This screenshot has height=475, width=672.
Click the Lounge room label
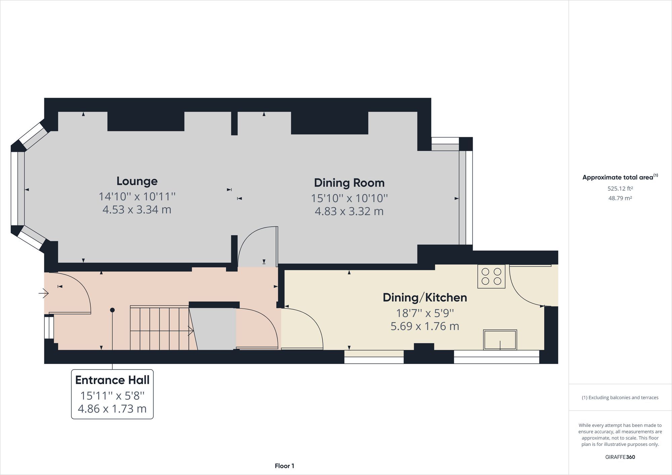pyautogui.click(x=137, y=181)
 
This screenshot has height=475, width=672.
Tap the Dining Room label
pyautogui.click(x=349, y=183)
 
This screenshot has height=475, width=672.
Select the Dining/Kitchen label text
pyautogui.click(x=425, y=298)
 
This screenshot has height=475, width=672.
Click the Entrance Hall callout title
pyautogui.click(x=112, y=380)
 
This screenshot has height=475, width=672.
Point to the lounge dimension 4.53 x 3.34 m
pyautogui.click(x=137, y=210)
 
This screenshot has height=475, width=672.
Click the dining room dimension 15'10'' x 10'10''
pyautogui.click(x=349, y=198)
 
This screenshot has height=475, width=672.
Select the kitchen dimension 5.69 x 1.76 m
pyautogui.click(x=425, y=326)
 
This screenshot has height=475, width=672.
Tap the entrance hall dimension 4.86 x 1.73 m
pyautogui.click(x=112, y=408)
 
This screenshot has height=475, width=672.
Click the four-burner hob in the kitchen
pyautogui.click(x=491, y=276)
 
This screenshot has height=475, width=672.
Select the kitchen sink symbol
pyautogui.click(x=500, y=340)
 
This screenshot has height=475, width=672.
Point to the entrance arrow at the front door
pyautogui.click(x=44, y=293)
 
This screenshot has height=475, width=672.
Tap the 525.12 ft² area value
pyautogui.click(x=620, y=188)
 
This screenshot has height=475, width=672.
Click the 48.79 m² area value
pyautogui.click(x=620, y=198)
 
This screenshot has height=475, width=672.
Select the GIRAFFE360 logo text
pyautogui.click(x=620, y=457)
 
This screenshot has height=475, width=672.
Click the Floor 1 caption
pyautogui.click(x=284, y=466)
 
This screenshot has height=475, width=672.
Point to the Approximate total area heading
pyautogui.click(x=620, y=177)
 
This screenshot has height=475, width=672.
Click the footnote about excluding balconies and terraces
pyautogui.click(x=620, y=397)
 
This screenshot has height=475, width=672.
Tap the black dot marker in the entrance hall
pyautogui.click(x=112, y=310)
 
